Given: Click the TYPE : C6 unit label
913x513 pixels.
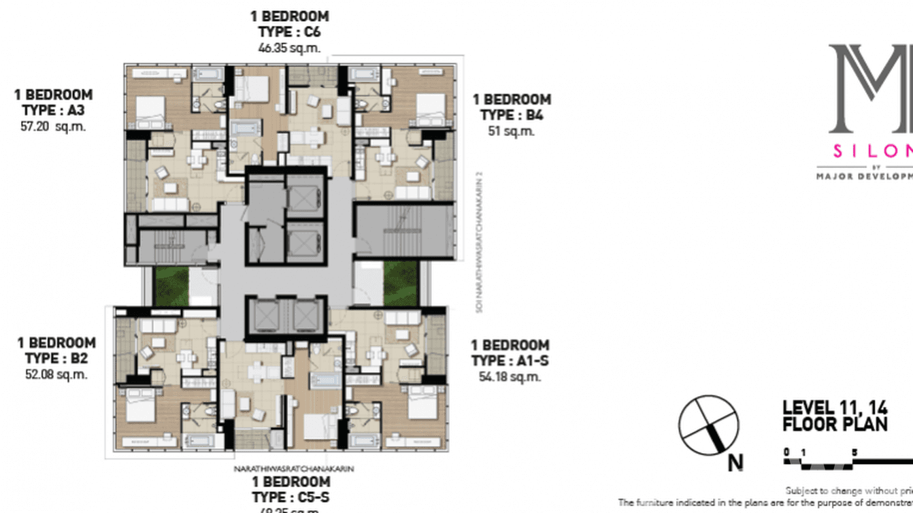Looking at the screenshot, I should click(x=289, y=32).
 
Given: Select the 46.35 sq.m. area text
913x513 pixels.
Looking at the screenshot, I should click(x=289, y=48).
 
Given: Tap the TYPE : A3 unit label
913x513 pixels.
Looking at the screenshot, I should click(x=53, y=110).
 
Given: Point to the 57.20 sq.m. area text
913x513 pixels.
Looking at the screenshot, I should click(x=53, y=127).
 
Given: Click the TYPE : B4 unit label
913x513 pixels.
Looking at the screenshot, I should click(x=512, y=115).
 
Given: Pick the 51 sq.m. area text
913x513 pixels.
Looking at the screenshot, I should click(x=512, y=131).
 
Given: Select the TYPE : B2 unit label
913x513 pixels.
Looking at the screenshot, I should click(x=56, y=359).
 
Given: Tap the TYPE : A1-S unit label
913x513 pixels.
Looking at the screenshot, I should click(x=510, y=361).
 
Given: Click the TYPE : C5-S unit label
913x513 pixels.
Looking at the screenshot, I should click(x=290, y=497).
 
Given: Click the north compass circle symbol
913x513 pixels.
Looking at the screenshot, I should click(x=708, y=425).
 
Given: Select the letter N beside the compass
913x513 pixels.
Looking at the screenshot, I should click(x=735, y=463).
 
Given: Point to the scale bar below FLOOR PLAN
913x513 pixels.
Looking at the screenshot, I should click(x=847, y=463).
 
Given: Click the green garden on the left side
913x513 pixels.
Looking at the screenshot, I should click(x=171, y=286).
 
